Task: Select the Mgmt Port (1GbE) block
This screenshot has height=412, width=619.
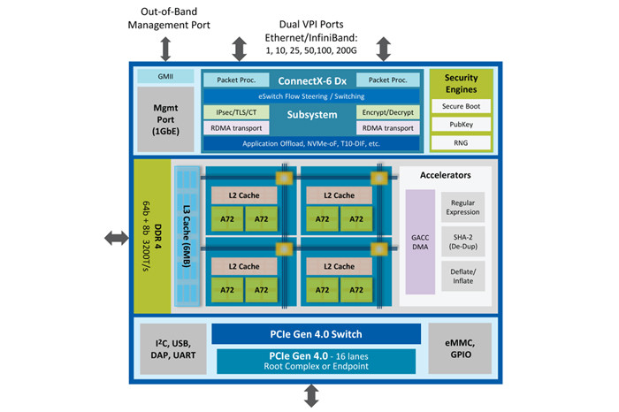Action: pos(165,115)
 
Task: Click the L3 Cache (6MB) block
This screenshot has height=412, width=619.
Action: pos(187,236)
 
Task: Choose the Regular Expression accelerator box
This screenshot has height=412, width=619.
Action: pos(462,208)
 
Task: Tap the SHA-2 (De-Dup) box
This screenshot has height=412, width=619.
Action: pos(462,241)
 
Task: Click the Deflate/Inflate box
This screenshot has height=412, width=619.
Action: pos(462,275)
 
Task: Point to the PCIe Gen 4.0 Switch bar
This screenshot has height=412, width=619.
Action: pos(315,333)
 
